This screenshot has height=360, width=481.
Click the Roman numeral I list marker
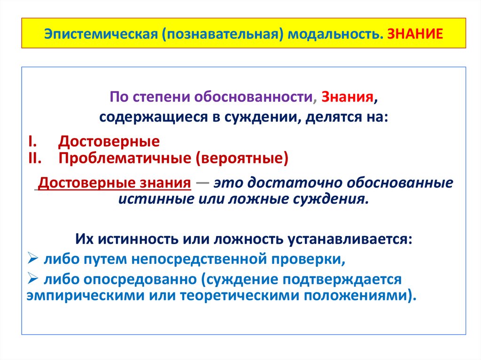click(x=30, y=141)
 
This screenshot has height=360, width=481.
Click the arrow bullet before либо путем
click(x=33, y=259)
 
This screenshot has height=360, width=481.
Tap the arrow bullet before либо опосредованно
click(x=33, y=280)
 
